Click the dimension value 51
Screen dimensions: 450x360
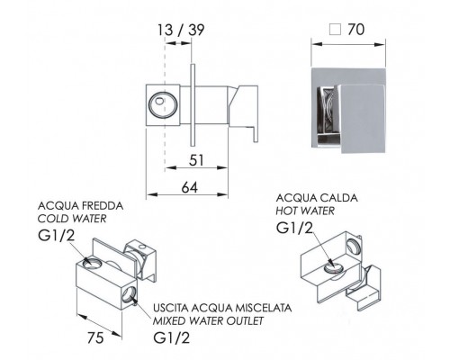pos(196,160)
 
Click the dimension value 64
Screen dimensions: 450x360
pos(190,188)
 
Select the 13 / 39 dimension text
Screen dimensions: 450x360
pos(181,30)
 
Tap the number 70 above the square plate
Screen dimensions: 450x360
pos(355,30)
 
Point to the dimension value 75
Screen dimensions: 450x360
pos(95,338)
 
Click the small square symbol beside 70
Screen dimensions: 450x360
pos(335,30)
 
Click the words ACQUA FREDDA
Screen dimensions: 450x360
pos(80,206)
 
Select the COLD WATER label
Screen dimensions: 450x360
pos(72,219)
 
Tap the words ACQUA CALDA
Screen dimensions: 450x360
pos(317,198)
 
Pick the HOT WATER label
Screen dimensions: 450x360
pos(305,211)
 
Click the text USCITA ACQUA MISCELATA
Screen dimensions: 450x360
pos(222,308)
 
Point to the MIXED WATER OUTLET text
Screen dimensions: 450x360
pos(208,320)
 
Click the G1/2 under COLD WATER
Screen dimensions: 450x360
pos(57,236)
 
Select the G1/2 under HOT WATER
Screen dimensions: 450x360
pos(294,228)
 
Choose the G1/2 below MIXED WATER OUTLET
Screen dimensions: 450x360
pos(172,338)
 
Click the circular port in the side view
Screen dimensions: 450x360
pos(163,105)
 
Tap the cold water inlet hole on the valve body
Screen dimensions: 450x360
pos(92,263)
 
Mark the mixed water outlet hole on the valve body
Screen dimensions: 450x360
pos(129,294)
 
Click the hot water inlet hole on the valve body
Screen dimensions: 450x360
pos(335,268)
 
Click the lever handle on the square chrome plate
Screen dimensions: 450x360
pos(362,118)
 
